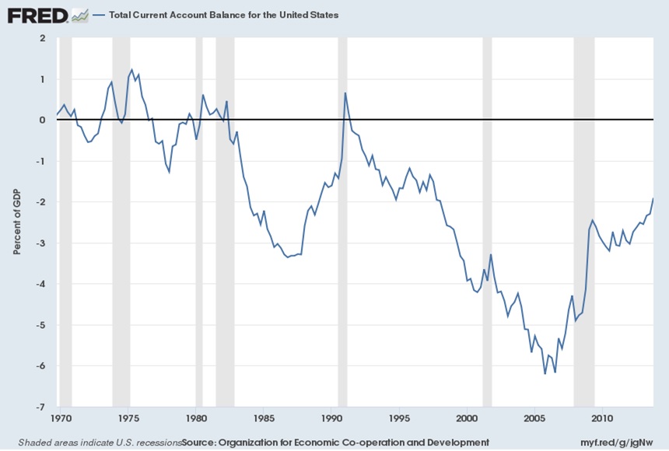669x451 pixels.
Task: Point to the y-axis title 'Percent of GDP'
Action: [16, 222]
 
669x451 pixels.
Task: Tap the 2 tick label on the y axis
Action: [42, 38]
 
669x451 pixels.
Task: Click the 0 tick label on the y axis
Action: [42, 121]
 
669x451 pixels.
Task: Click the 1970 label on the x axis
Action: [64, 418]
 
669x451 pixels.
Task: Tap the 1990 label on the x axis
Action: [332, 418]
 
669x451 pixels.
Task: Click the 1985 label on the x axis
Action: [264, 418]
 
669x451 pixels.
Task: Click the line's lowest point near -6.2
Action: [545, 374]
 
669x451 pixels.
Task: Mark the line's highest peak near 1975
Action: [131, 70]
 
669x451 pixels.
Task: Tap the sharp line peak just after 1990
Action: [345, 93]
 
